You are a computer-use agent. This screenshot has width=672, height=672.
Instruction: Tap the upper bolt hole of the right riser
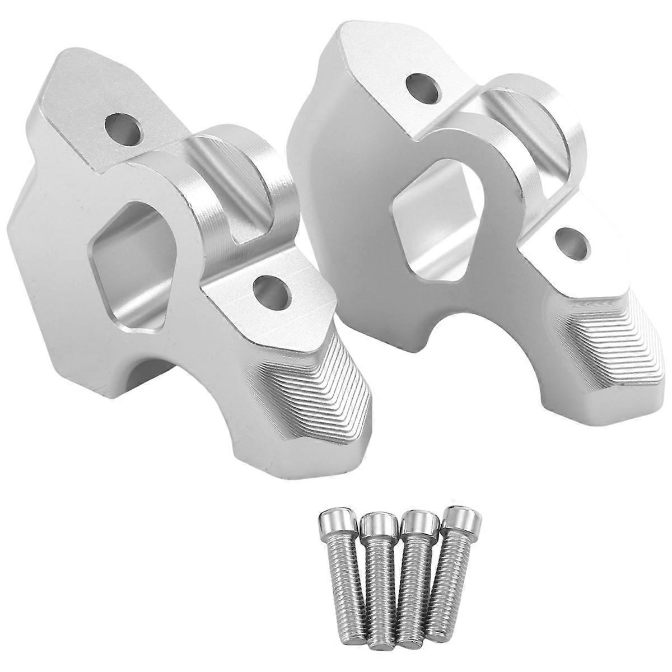point(424,85)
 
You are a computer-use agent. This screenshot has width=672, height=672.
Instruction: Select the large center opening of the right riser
point(442,218)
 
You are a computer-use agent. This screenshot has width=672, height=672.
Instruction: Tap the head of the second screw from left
point(379,526)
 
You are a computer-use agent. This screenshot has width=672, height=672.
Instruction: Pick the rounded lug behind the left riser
point(252,168)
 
